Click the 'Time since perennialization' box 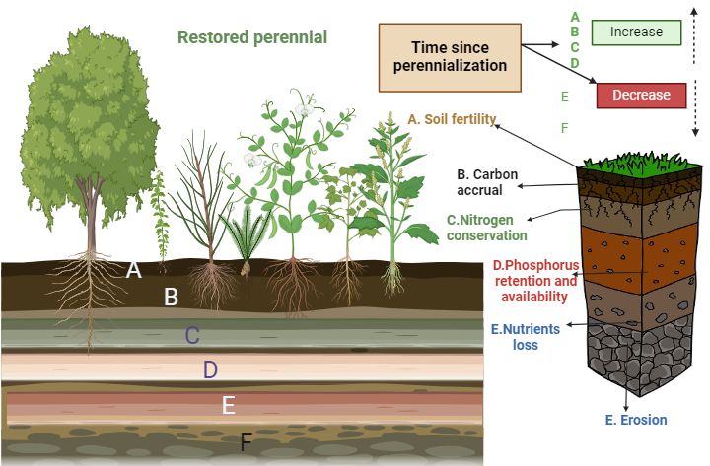click(450, 54)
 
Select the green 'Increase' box click(636, 33)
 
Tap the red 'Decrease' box click(640, 95)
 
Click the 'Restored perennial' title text click(252, 37)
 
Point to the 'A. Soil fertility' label click(452, 119)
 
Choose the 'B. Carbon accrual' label click(486, 182)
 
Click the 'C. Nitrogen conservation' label click(485, 228)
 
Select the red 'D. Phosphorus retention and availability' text click(535, 280)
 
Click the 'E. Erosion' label click(636, 420)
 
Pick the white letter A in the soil click(134, 268)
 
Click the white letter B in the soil click(171, 296)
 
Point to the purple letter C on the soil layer click(193, 335)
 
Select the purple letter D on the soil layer click(210, 370)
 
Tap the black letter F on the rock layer click(247, 442)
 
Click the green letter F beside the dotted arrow click(564, 128)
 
